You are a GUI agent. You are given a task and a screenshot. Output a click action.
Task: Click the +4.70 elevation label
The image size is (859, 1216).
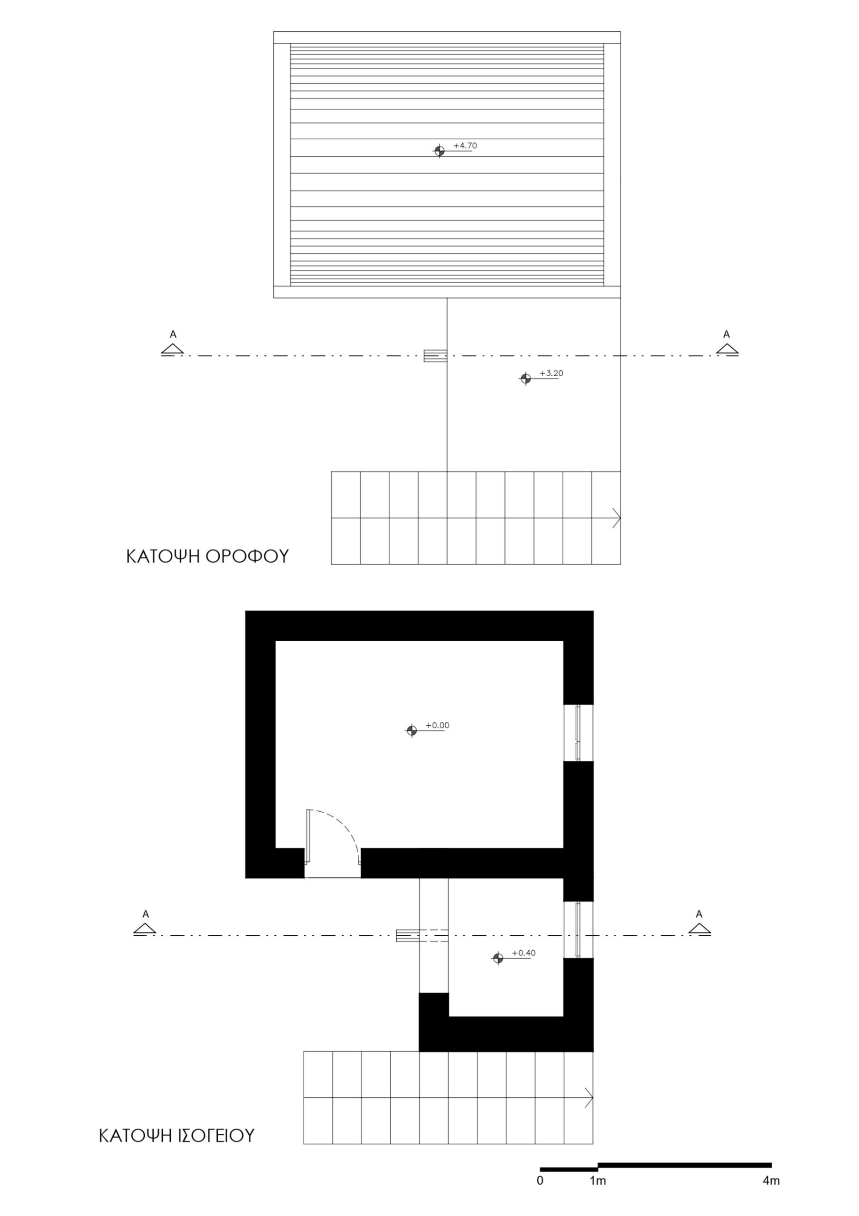click(x=465, y=146)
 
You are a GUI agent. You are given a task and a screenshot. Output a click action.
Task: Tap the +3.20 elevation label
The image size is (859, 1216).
click(x=551, y=373)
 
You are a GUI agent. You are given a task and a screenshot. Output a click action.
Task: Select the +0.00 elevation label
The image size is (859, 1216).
click(x=438, y=726)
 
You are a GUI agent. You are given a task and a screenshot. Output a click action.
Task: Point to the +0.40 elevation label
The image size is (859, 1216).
click(x=523, y=953)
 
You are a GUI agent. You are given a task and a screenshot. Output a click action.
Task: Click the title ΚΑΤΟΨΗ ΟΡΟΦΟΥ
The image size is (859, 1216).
click(x=207, y=557)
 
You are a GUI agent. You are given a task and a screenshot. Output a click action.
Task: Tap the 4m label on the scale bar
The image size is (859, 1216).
click(x=771, y=1180)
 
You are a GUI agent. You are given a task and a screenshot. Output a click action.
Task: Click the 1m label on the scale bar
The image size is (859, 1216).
click(x=598, y=1180)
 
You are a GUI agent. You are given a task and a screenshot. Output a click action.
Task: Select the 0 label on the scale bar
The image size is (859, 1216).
click(x=540, y=1180)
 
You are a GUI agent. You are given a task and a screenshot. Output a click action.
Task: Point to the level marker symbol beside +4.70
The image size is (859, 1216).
click(x=439, y=151)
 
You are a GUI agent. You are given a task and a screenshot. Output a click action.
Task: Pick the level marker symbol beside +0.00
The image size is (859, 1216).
click(x=411, y=731)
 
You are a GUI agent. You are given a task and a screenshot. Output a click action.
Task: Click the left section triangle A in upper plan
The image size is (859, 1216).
click(x=173, y=349)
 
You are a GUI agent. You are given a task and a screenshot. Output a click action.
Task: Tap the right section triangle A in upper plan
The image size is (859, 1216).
click(x=727, y=349)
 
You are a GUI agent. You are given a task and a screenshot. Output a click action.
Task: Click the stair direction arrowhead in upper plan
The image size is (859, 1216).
click(x=616, y=518)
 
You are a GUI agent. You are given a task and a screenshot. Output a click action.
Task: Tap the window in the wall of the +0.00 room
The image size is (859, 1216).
click(x=578, y=733)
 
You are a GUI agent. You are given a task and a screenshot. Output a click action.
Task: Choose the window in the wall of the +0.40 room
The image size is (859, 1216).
click(x=578, y=930)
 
